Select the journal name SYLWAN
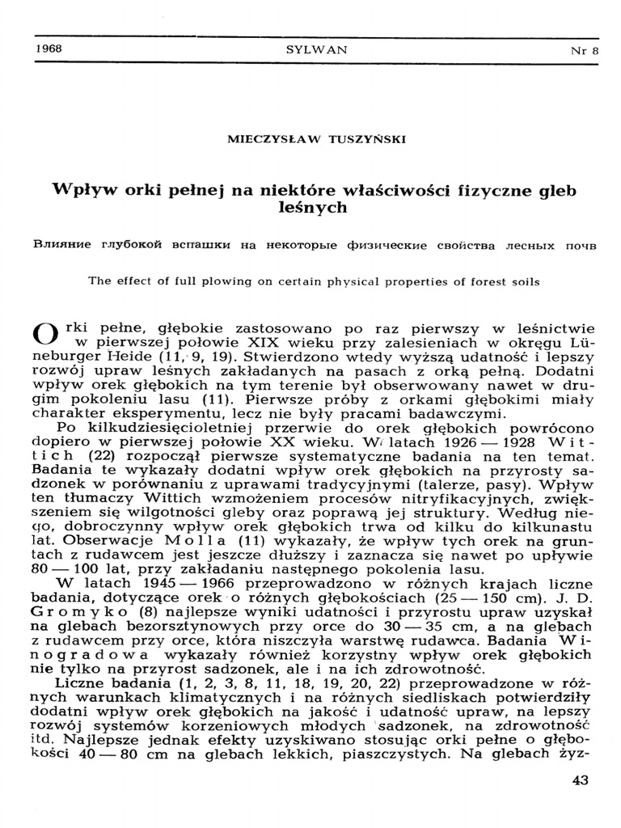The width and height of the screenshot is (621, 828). coord(317,49)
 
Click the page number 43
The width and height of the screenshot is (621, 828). coord(579,779)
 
